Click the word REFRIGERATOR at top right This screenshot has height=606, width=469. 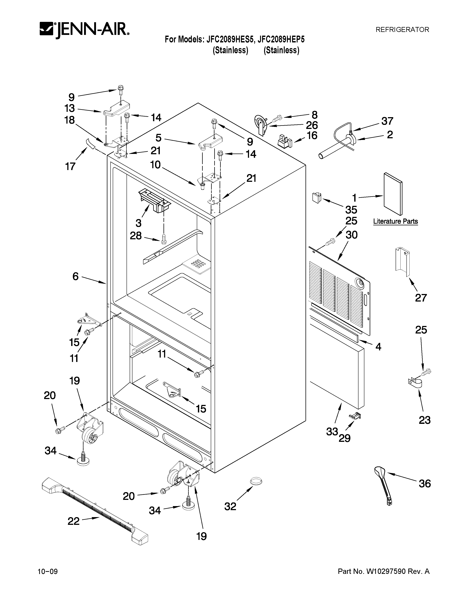coord(402,30)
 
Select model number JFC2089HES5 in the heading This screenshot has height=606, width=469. coord(230,40)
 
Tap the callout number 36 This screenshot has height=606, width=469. coord(424,484)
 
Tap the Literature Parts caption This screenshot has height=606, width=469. coord(395,221)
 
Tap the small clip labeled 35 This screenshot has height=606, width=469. coord(316,197)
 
